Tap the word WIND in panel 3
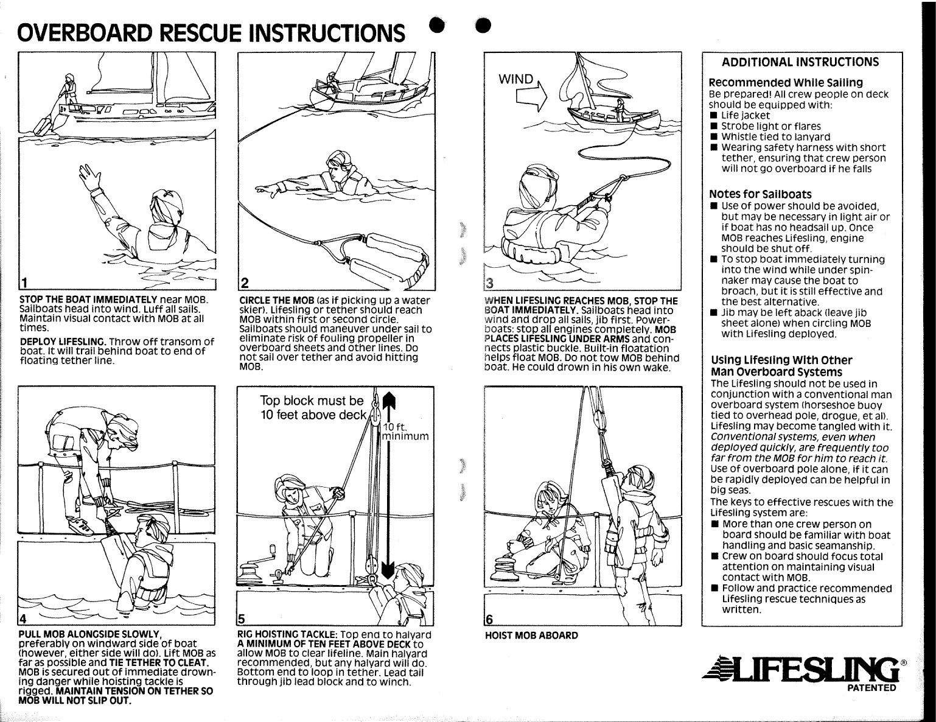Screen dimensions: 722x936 coord(515,79)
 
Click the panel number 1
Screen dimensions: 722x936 coord(24,282)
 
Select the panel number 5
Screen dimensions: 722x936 coord(242,619)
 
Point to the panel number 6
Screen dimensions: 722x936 coord(489,619)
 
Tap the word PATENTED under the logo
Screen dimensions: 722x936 coord(872,689)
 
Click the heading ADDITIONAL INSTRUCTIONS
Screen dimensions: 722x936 coord(800,62)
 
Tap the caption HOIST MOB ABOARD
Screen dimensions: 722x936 coord(531,636)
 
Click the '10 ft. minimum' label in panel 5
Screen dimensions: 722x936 coord(405,431)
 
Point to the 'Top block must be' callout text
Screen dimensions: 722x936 coord(311,401)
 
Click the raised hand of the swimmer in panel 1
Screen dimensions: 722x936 coord(91,177)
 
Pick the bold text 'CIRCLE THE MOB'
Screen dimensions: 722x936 coord(277,301)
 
